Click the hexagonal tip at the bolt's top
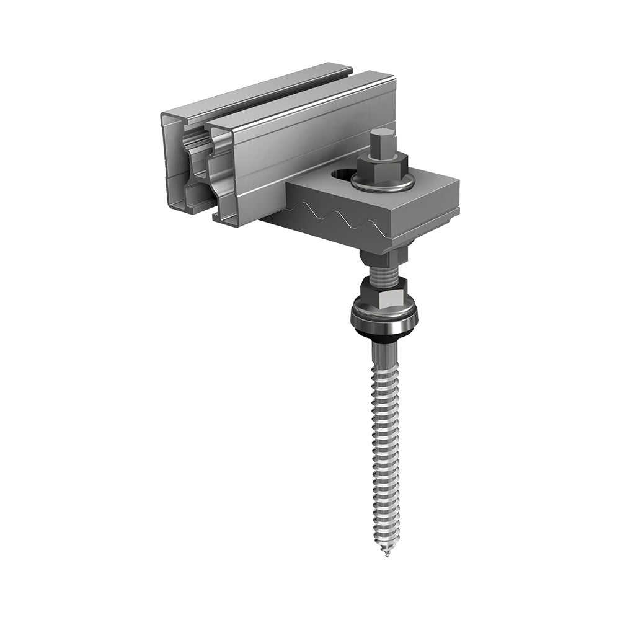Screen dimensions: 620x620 (381, 141)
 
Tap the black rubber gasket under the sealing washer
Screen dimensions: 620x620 (384, 334)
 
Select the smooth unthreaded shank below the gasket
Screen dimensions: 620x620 (384, 353)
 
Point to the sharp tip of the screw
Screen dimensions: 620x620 (386, 552)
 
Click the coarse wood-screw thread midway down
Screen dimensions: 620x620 (384, 446)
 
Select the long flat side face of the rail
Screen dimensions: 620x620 (310, 143)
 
